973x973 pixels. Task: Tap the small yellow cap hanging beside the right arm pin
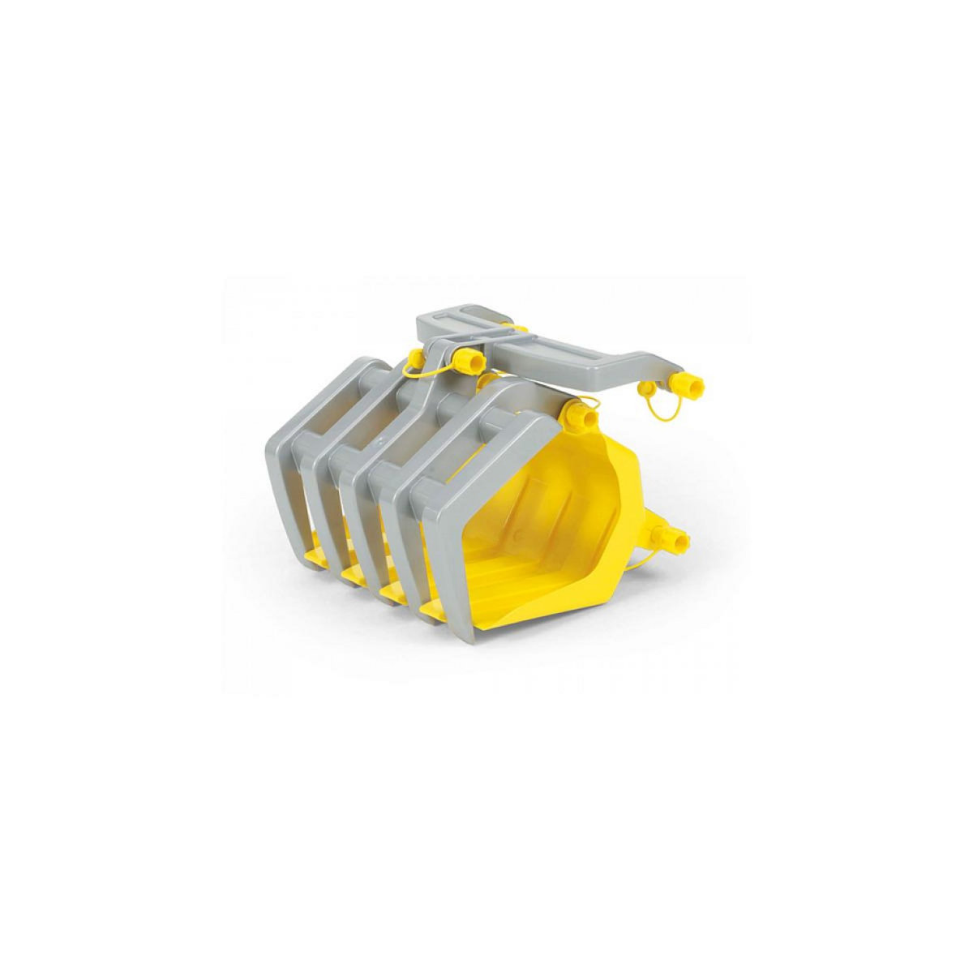[x=649, y=392]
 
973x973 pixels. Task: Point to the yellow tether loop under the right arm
[x=658, y=414]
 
